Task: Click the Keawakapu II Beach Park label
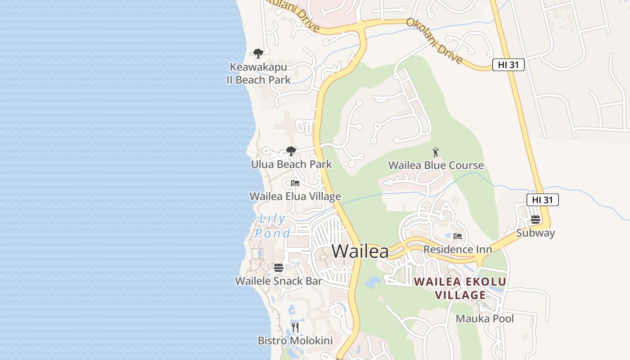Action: [x=258, y=74]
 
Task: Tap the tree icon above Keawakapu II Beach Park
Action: [x=258, y=54]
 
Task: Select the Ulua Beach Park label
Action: [x=291, y=164]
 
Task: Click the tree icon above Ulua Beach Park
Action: [x=291, y=151]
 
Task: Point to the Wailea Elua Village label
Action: [x=295, y=197]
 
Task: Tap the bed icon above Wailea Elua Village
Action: [x=295, y=183]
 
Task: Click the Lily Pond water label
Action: [x=272, y=226]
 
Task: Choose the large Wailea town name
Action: [x=360, y=251]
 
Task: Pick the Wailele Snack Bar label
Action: [x=279, y=281]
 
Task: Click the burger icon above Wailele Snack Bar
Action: [x=279, y=268]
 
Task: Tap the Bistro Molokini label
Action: [x=295, y=341]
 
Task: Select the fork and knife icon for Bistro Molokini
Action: [x=295, y=328]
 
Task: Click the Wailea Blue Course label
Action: [x=436, y=165]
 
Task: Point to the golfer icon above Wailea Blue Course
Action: [x=436, y=152]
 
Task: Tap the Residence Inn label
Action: [x=458, y=249]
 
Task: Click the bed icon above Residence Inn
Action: [x=458, y=236]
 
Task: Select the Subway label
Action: [x=535, y=233]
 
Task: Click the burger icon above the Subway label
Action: [x=535, y=220]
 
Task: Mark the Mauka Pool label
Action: [x=485, y=319]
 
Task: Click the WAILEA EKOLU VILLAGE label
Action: [x=460, y=288]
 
